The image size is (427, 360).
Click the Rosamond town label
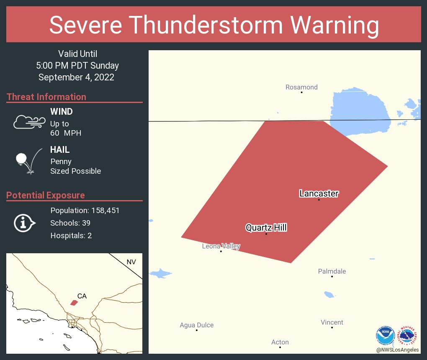(301, 87)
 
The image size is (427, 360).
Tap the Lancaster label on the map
(319, 193)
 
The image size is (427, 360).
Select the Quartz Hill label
(266, 228)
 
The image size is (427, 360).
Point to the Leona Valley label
(221, 246)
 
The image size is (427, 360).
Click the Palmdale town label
(332, 271)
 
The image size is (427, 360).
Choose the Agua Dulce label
(196, 325)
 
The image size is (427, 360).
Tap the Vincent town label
(332, 322)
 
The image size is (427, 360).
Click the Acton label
(280, 342)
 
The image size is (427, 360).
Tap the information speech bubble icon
(24, 223)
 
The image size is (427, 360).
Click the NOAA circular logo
(386, 336)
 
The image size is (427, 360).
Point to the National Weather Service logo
(409, 335)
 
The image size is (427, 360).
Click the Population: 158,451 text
(85, 211)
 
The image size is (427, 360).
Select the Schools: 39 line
(70, 223)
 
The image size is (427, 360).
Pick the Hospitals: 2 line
(71, 236)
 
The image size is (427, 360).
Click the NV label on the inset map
(131, 262)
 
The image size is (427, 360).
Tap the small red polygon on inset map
(74, 303)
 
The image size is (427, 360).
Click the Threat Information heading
(46, 97)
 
